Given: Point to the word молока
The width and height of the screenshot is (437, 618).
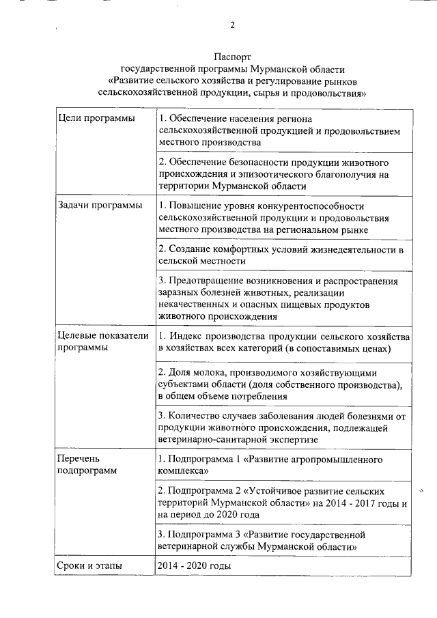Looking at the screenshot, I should (207, 373).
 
